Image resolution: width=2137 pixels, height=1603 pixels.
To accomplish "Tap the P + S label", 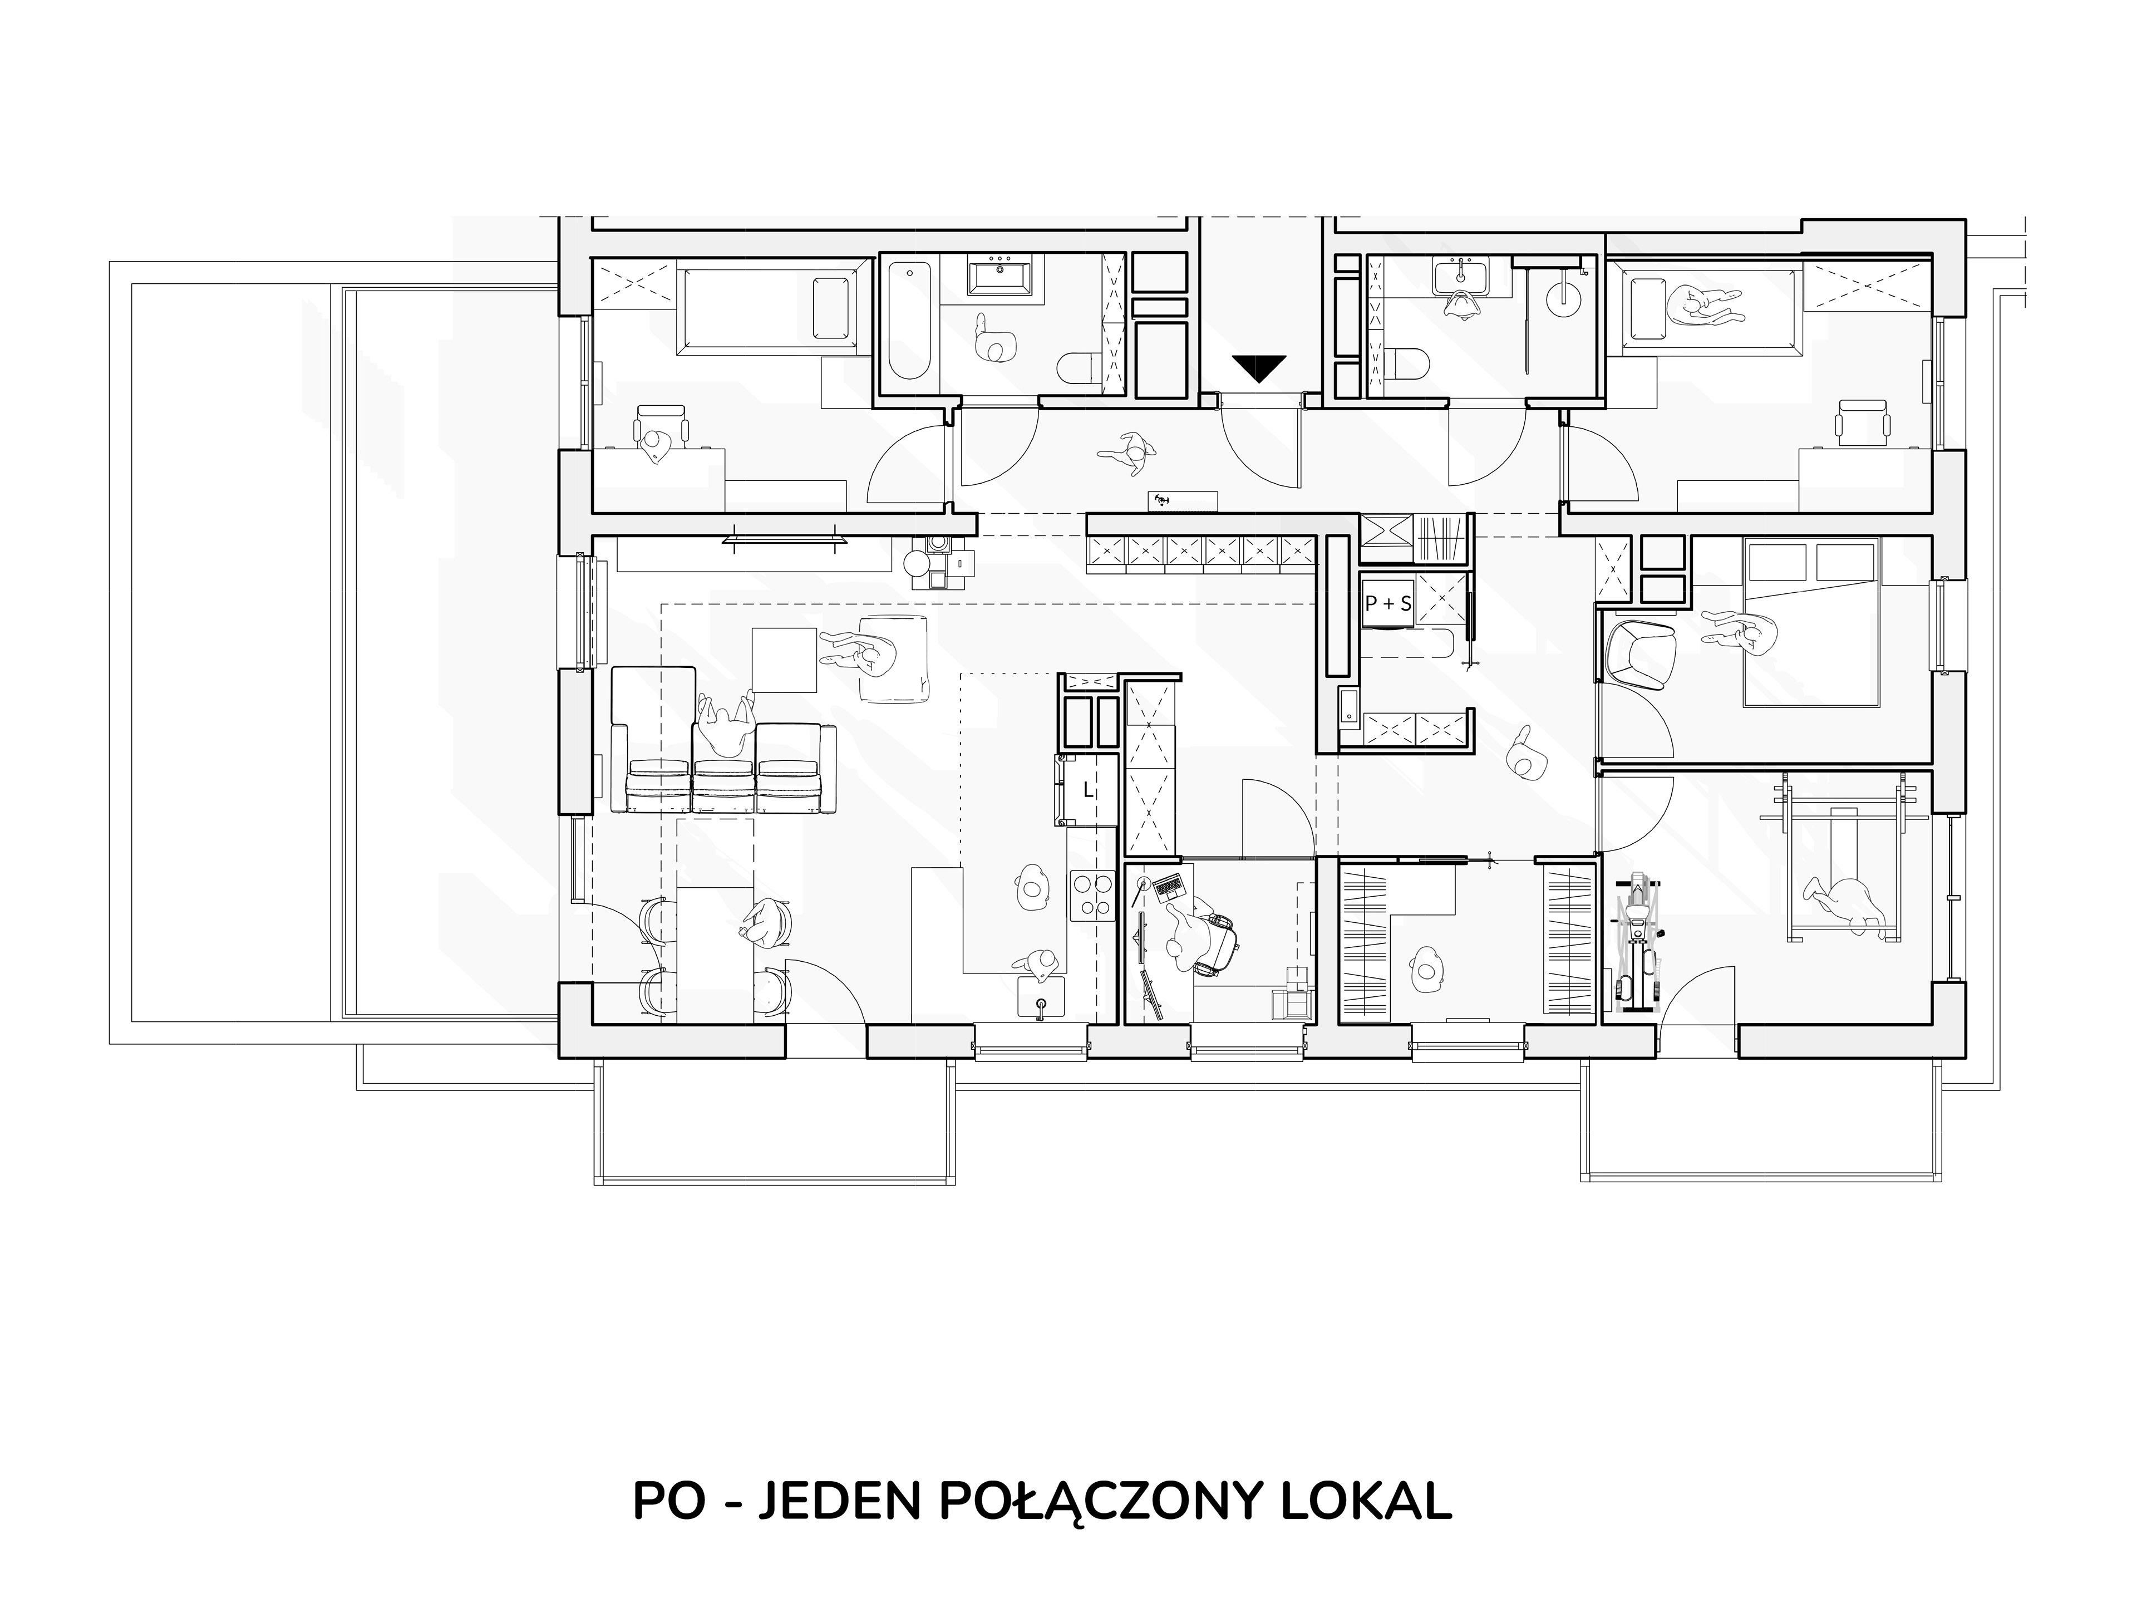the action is (x=1387, y=603).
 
